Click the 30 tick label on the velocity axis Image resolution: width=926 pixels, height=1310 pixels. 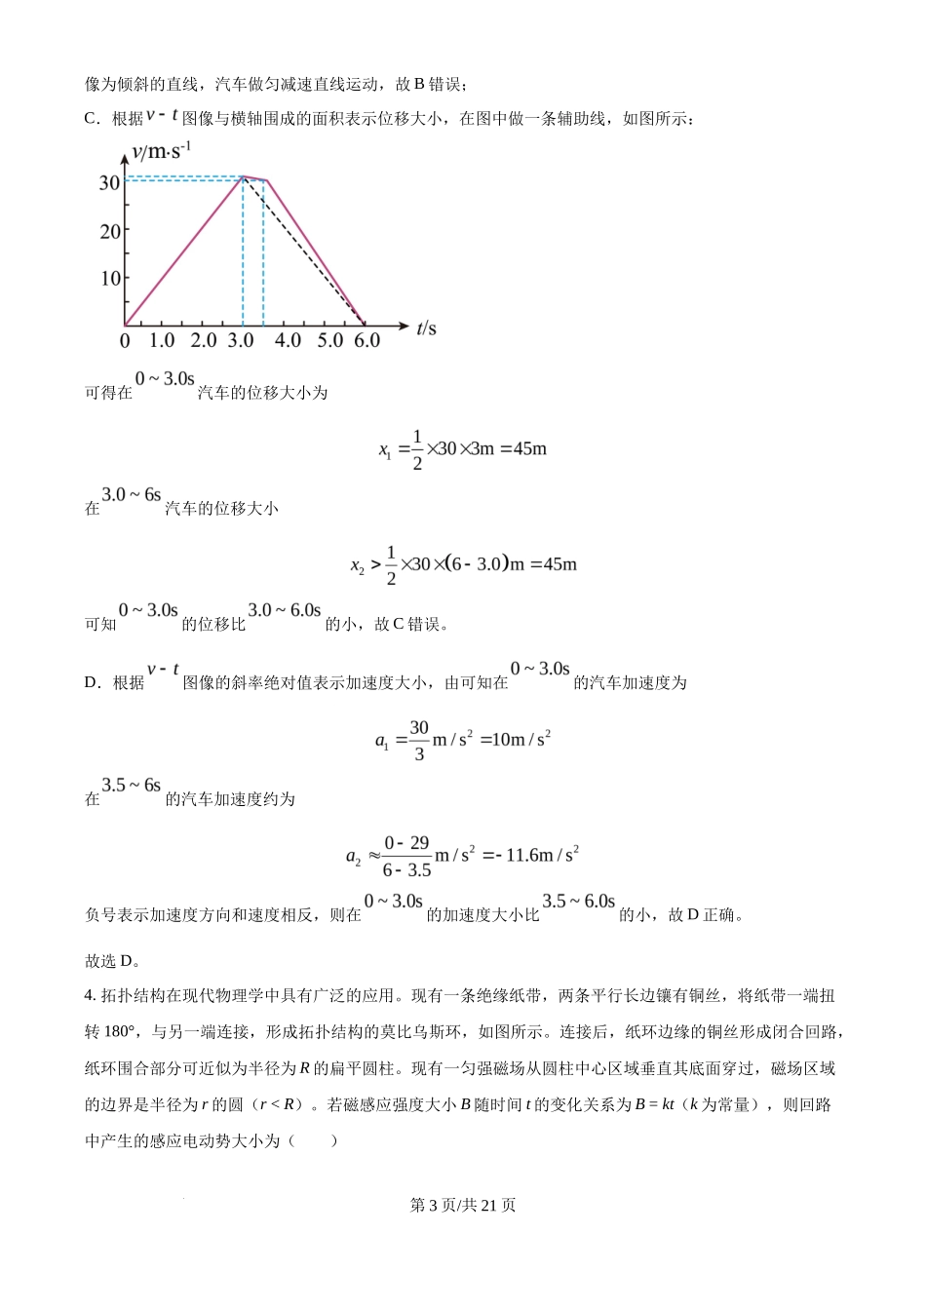pos(109,182)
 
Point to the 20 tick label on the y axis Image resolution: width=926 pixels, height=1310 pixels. pos(109,231)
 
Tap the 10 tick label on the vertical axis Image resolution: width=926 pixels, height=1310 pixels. pos(109,278)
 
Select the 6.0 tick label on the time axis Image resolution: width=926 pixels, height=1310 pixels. pos(367,340)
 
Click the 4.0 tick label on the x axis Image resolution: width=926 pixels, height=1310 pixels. pos(288,340)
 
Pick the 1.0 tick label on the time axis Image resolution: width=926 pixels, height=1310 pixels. pos(162,340)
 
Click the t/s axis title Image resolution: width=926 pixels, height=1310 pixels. pos(426,328)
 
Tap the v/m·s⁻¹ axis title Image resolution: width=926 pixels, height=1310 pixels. pos(161,151)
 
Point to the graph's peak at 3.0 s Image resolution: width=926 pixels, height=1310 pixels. pos(243,176)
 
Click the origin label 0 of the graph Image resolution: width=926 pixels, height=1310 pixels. pos(125,341)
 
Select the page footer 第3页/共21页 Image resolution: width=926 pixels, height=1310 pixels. pos(463,1205)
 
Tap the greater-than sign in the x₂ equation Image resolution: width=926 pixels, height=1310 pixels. pos(376,564)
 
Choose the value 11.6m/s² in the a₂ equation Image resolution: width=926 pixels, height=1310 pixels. pos(542,855)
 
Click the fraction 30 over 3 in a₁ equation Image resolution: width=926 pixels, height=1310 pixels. pos(419,741)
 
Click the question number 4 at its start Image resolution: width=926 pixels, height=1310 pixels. pos(90,995)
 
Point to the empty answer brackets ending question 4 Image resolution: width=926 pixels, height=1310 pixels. pos(313,1140)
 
